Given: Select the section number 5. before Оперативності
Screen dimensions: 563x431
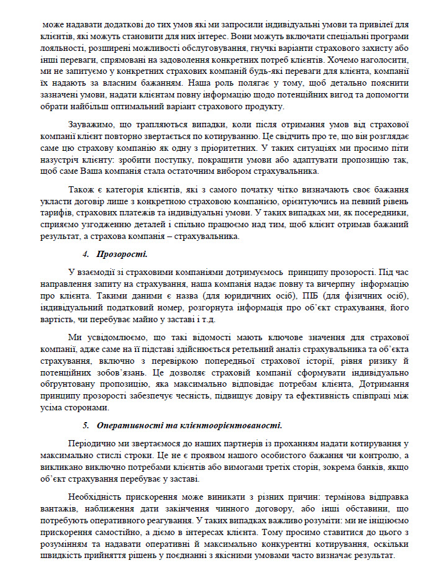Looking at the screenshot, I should pos(86,425).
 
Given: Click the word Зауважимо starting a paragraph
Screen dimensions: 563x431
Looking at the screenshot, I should pos(91,124).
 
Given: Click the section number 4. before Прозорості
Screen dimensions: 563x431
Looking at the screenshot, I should pos(86,254).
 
